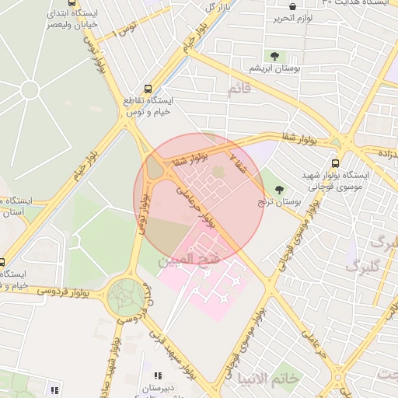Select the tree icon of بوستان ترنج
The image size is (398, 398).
[x=279, y=189]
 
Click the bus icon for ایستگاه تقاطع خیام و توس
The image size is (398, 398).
[x=148, y=89]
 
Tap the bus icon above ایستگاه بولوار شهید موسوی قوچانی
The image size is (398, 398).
[x=335, y=163]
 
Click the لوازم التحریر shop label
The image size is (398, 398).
[x=294, y=17]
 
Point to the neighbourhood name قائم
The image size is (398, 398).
[x=239, y=89]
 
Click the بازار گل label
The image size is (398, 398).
[x=219, y=7]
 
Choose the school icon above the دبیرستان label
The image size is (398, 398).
[x=159, y=376]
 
